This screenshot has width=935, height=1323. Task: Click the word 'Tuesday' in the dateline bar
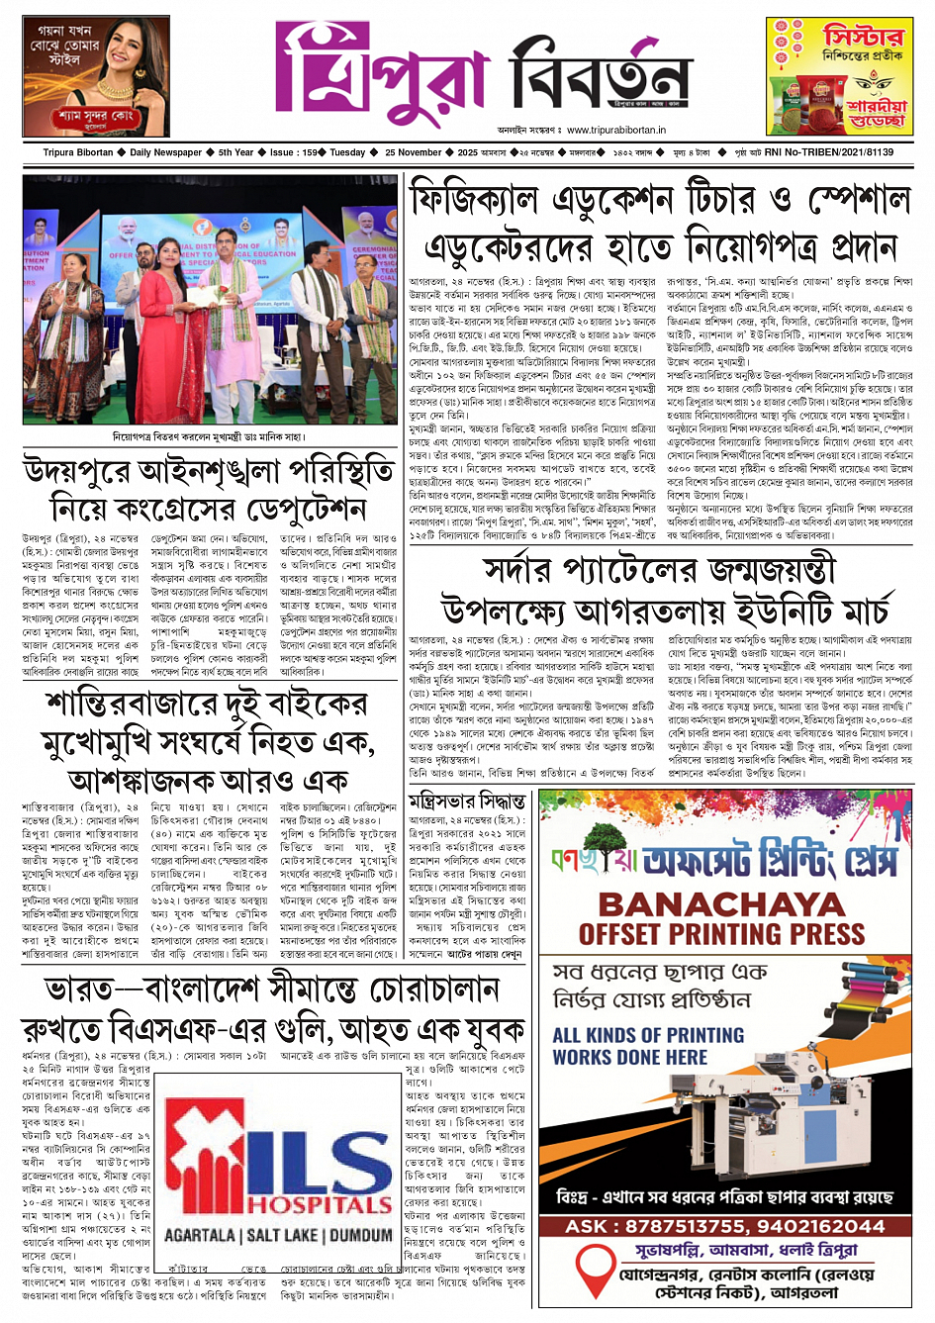click(347, 152)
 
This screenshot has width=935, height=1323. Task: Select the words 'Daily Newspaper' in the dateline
click(165, 152)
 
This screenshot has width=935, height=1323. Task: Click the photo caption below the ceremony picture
click(209, 436)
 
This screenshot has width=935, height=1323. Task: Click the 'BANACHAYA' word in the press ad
click(721, 903)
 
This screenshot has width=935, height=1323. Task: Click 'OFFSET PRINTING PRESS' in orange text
click(721, 933)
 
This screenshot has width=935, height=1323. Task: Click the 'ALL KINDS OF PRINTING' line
click(648, 1035)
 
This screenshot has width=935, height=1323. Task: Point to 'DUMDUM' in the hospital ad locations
click(361, 1235)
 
